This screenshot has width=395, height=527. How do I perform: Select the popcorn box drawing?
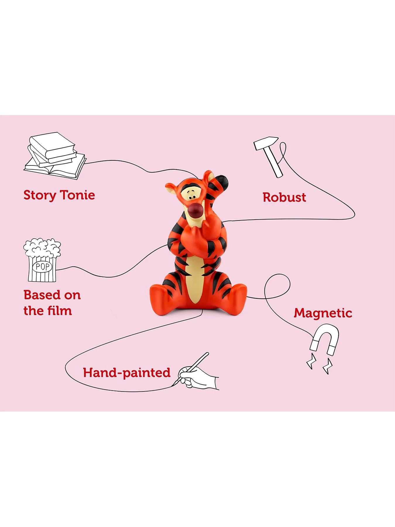click(x=42, y=260)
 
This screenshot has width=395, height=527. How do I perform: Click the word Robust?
click(x=284, y=197)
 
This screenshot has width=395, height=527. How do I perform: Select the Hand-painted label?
click(x=126, y=373)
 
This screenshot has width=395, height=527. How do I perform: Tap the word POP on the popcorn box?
click(x=42, y=267)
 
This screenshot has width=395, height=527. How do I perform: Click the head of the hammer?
click(x=266, y=143)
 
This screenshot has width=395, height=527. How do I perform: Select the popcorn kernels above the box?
click(x=42, y=248)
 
